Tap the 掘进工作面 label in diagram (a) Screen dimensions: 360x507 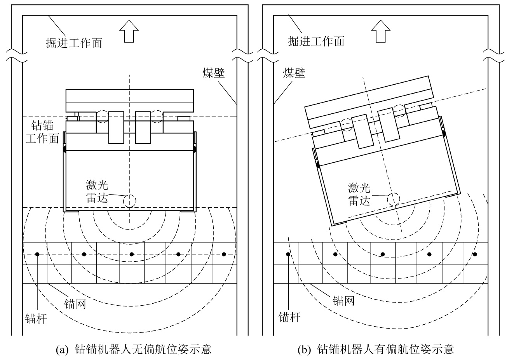tap(74, 42)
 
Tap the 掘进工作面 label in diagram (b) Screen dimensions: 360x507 tap(316, 41)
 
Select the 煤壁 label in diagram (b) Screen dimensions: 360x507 tap(294, 73)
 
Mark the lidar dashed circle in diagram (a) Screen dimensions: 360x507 tap(130, 201)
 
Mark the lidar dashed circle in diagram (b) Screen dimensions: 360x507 tap(394, 199)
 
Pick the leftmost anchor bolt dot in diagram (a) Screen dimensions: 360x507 tap(37, 254)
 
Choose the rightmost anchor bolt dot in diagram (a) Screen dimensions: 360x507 tap(223, 254)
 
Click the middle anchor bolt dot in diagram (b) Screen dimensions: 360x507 tap(383, 254)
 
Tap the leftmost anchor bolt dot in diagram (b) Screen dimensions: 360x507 tap(288, 254)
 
